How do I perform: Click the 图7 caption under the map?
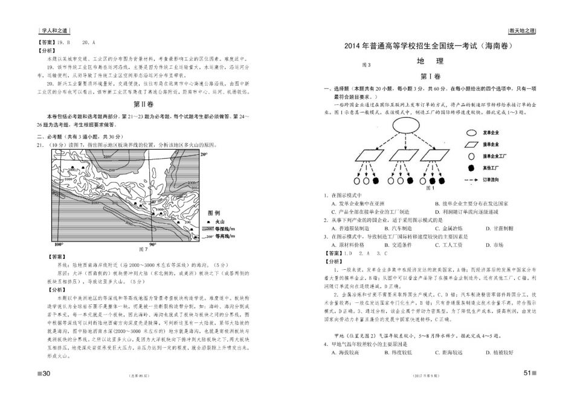(143, 249)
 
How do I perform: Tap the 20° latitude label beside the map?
(204, 155)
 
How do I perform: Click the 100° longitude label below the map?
(59, 245)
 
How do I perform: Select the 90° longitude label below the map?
(153, 245)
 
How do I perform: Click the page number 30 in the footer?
(45, 374)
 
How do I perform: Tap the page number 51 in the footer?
(526, 374)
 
